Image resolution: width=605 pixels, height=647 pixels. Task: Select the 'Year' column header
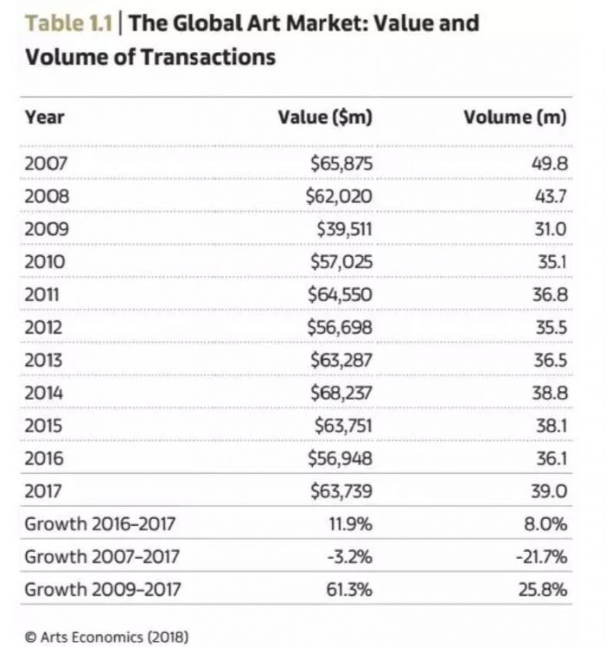(45, 118)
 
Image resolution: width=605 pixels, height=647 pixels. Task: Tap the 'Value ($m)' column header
(325, 118)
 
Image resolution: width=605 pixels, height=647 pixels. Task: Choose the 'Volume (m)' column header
(515, 118)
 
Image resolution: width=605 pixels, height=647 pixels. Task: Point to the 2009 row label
(47, 228)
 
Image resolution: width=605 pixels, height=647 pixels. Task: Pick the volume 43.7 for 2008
(550, 195)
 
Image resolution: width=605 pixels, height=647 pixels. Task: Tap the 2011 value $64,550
(340, 294)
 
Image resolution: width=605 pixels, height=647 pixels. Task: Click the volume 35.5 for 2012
(550, 327)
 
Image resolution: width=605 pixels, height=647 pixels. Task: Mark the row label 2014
(47, 393)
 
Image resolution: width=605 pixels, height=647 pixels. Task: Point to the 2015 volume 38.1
(550, 426)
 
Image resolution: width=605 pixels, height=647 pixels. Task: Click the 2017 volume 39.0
(550, 491)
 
